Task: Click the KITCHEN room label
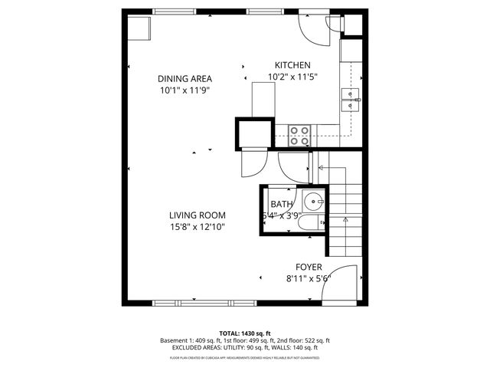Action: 292,66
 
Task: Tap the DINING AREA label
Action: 185,78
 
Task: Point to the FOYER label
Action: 304,268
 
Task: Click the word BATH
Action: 282,204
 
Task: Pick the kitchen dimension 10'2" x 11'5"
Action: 292,77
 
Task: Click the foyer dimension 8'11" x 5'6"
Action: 304,279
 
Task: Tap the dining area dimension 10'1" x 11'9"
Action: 185,90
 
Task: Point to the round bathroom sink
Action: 314,203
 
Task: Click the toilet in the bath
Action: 311,224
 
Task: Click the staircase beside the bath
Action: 345,207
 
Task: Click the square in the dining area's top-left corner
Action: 139,28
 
